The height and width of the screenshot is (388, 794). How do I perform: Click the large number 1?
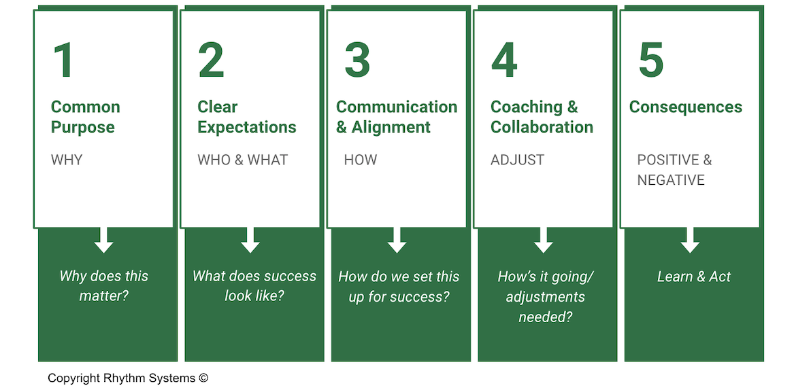click(63, 60)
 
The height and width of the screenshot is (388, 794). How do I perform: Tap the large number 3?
click(357, 60)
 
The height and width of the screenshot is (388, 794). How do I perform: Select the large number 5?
click(650, 60)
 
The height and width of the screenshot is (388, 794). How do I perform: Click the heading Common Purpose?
click(85, 117)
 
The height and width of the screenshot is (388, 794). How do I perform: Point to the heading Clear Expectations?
click(246, 117)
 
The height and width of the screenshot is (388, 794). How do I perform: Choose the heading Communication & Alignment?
click(397, 117)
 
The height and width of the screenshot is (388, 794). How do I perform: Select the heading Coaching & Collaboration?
click(542, 117)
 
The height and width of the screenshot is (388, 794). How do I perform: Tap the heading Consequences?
click(685, 107)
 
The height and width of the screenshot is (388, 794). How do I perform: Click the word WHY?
click(67, 160)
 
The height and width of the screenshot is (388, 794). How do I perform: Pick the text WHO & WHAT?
click(243, 160)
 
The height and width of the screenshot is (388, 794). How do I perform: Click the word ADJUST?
click(517, 160)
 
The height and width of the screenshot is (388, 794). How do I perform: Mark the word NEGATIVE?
click(671, 180)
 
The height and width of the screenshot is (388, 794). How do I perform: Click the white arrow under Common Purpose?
click(104, 240)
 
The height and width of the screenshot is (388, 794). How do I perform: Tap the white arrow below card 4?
click(543, 240)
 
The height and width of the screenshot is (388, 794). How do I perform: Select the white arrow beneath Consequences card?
click(690, 240)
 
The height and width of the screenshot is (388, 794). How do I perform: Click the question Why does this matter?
click(103, 286)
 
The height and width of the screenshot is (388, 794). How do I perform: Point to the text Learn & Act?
click(693, 277)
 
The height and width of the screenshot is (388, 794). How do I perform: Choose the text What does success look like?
click(254, 286)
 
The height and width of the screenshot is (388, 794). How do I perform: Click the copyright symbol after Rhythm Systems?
click(203, 378)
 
